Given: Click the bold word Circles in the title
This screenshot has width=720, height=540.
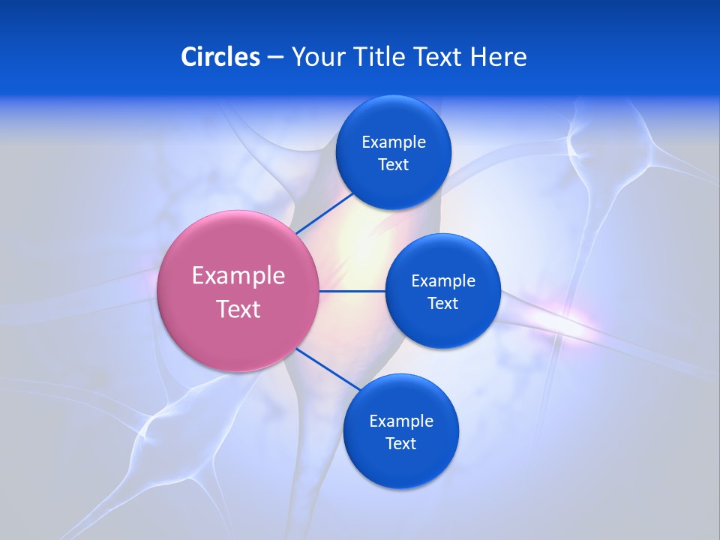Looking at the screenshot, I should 220,56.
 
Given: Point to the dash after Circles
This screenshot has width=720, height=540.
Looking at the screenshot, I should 275,58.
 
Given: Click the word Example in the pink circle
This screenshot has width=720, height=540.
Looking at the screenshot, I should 238,276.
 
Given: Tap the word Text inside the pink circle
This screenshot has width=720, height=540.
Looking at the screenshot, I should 238,309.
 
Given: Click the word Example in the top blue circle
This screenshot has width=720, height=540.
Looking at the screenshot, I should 394,142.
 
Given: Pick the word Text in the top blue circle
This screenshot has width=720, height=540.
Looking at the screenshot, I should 394,165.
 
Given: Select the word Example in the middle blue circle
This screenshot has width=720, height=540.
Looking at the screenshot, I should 443,281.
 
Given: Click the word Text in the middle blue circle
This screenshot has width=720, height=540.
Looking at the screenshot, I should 443,304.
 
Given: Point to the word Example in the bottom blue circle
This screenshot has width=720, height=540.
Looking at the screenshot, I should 401,421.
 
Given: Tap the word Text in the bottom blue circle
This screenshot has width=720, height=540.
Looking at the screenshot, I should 401,444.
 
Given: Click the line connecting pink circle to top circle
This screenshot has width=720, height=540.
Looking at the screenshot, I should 324,213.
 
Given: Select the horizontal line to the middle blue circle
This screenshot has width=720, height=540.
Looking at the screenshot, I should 352,291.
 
